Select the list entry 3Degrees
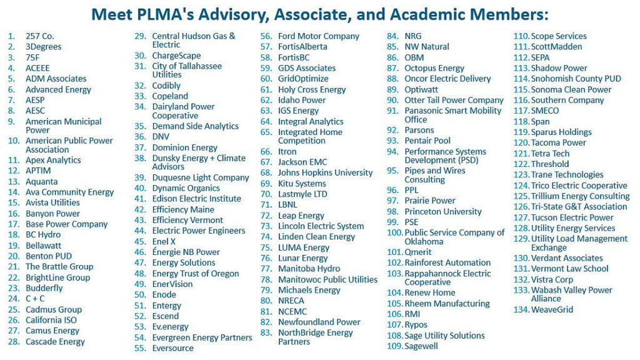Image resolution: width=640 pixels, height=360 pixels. [43, 47]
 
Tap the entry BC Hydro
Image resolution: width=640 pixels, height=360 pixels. [43, 235]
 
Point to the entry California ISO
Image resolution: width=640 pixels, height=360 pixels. [52, 320]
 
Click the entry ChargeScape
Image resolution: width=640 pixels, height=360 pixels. [177, 56]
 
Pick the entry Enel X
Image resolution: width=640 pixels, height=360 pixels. [164, 241]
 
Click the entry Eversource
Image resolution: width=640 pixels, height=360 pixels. [173, 348]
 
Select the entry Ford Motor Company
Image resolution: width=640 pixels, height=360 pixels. [319, 36]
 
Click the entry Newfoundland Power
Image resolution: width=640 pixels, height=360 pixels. [319, 322]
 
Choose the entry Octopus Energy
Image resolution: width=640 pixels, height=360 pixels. [434, 68]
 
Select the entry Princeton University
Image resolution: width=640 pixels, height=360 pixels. [443, 211]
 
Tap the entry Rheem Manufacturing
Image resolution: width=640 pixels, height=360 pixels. [447, 303]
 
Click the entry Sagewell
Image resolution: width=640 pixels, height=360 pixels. [421, 346]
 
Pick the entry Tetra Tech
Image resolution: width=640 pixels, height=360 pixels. [550, 154]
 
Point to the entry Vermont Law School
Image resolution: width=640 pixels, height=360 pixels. [569, 269]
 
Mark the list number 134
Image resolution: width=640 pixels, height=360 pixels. [521, 309]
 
